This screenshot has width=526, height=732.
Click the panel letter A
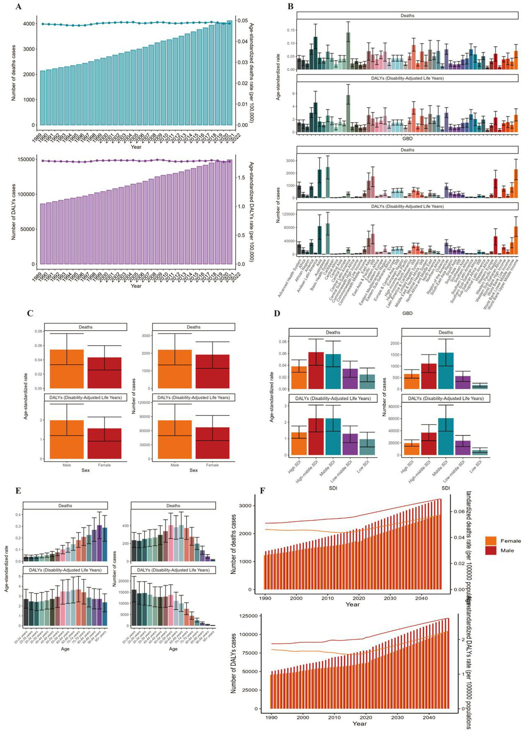[18, 6]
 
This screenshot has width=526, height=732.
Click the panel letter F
[262, 491]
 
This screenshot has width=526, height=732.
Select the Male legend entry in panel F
[507, 551]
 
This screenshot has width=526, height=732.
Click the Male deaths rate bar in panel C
[66, 369]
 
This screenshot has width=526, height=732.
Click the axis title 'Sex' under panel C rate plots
[85, 470]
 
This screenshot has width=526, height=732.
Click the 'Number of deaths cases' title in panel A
[14, 73]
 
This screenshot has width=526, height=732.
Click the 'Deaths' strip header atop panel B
[407, 15]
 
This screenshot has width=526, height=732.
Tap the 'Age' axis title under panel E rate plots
[65, 649]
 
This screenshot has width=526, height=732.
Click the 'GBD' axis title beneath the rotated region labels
[407, 313]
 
